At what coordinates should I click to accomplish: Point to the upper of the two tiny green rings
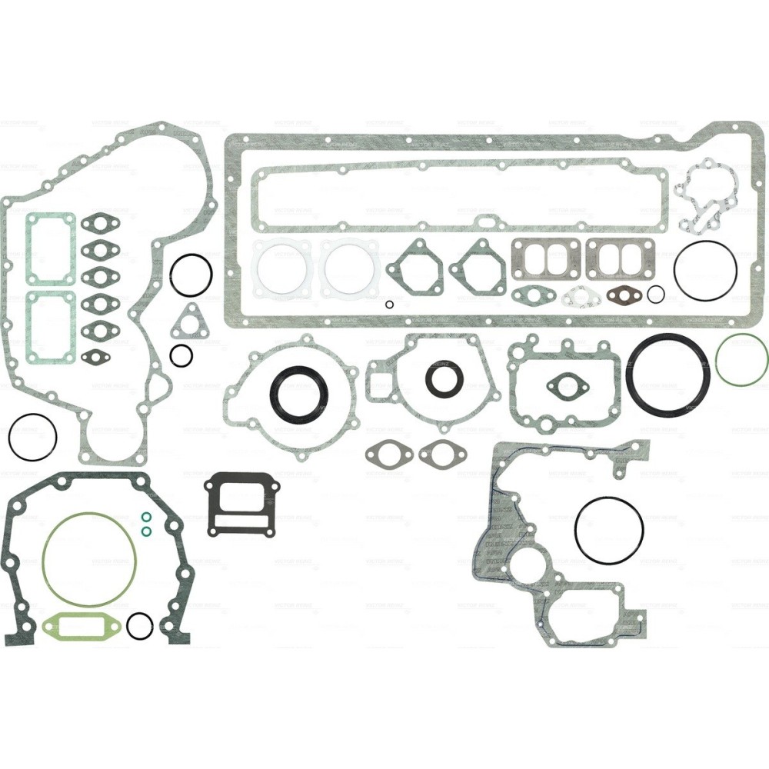click(x=146, y=516)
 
